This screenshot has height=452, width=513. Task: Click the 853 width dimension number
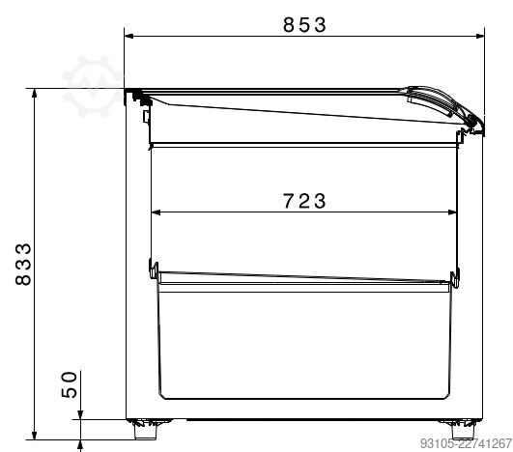(304, 25)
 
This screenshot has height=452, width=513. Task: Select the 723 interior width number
(304, 201)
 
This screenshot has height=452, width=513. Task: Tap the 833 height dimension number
(23, 264)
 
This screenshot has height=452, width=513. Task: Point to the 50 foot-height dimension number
(69, 384)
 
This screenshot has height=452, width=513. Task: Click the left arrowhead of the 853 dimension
(128, 36)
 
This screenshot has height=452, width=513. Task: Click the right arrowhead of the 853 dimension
(480, 36)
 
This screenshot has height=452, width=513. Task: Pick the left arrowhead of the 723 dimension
(156, 212)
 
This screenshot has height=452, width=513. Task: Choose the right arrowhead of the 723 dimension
(452, 212)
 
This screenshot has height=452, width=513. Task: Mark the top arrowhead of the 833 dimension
(35, 93)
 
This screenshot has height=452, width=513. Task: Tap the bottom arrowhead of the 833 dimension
(35, 435)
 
